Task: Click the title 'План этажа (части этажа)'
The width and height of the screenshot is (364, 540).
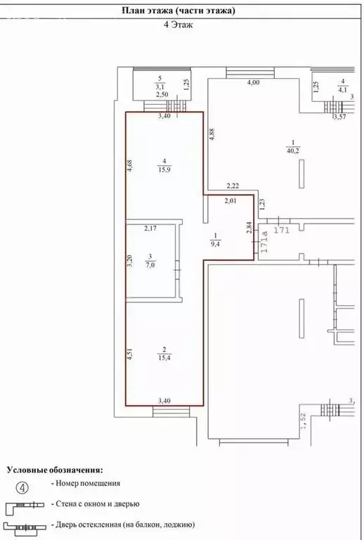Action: [178, 11]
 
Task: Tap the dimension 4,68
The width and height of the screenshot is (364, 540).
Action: [129, 166]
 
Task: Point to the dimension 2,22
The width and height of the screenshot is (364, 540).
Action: [233, 186]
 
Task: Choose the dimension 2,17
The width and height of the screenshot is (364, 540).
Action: [151, 228]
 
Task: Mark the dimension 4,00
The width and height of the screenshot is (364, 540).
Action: [253, 83]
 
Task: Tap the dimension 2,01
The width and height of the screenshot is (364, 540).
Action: [231, 201]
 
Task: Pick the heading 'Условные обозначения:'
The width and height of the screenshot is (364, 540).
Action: [54, 468]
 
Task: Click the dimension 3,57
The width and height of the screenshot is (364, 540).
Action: [340, 117]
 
